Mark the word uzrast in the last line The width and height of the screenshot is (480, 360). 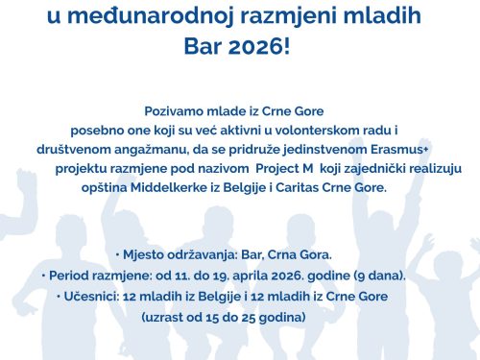(166, 315)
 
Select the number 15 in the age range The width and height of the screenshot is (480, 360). (217, 315)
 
